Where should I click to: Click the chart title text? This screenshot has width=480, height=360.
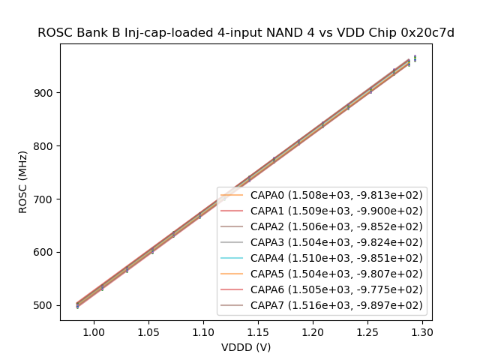point(246,33)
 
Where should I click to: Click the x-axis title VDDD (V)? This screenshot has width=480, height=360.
point(246,347)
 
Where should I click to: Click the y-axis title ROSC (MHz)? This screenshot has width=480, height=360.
point(23,182)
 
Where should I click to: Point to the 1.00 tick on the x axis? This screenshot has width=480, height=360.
point(94,331)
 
